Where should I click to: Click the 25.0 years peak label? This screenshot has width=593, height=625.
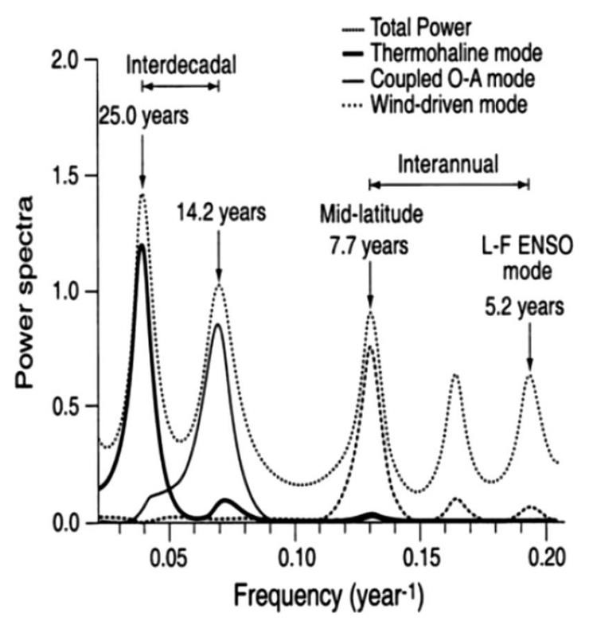144,116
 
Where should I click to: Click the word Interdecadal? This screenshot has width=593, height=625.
181,65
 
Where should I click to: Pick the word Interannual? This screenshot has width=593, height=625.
449,164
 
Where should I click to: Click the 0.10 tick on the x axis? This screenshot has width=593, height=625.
295,554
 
